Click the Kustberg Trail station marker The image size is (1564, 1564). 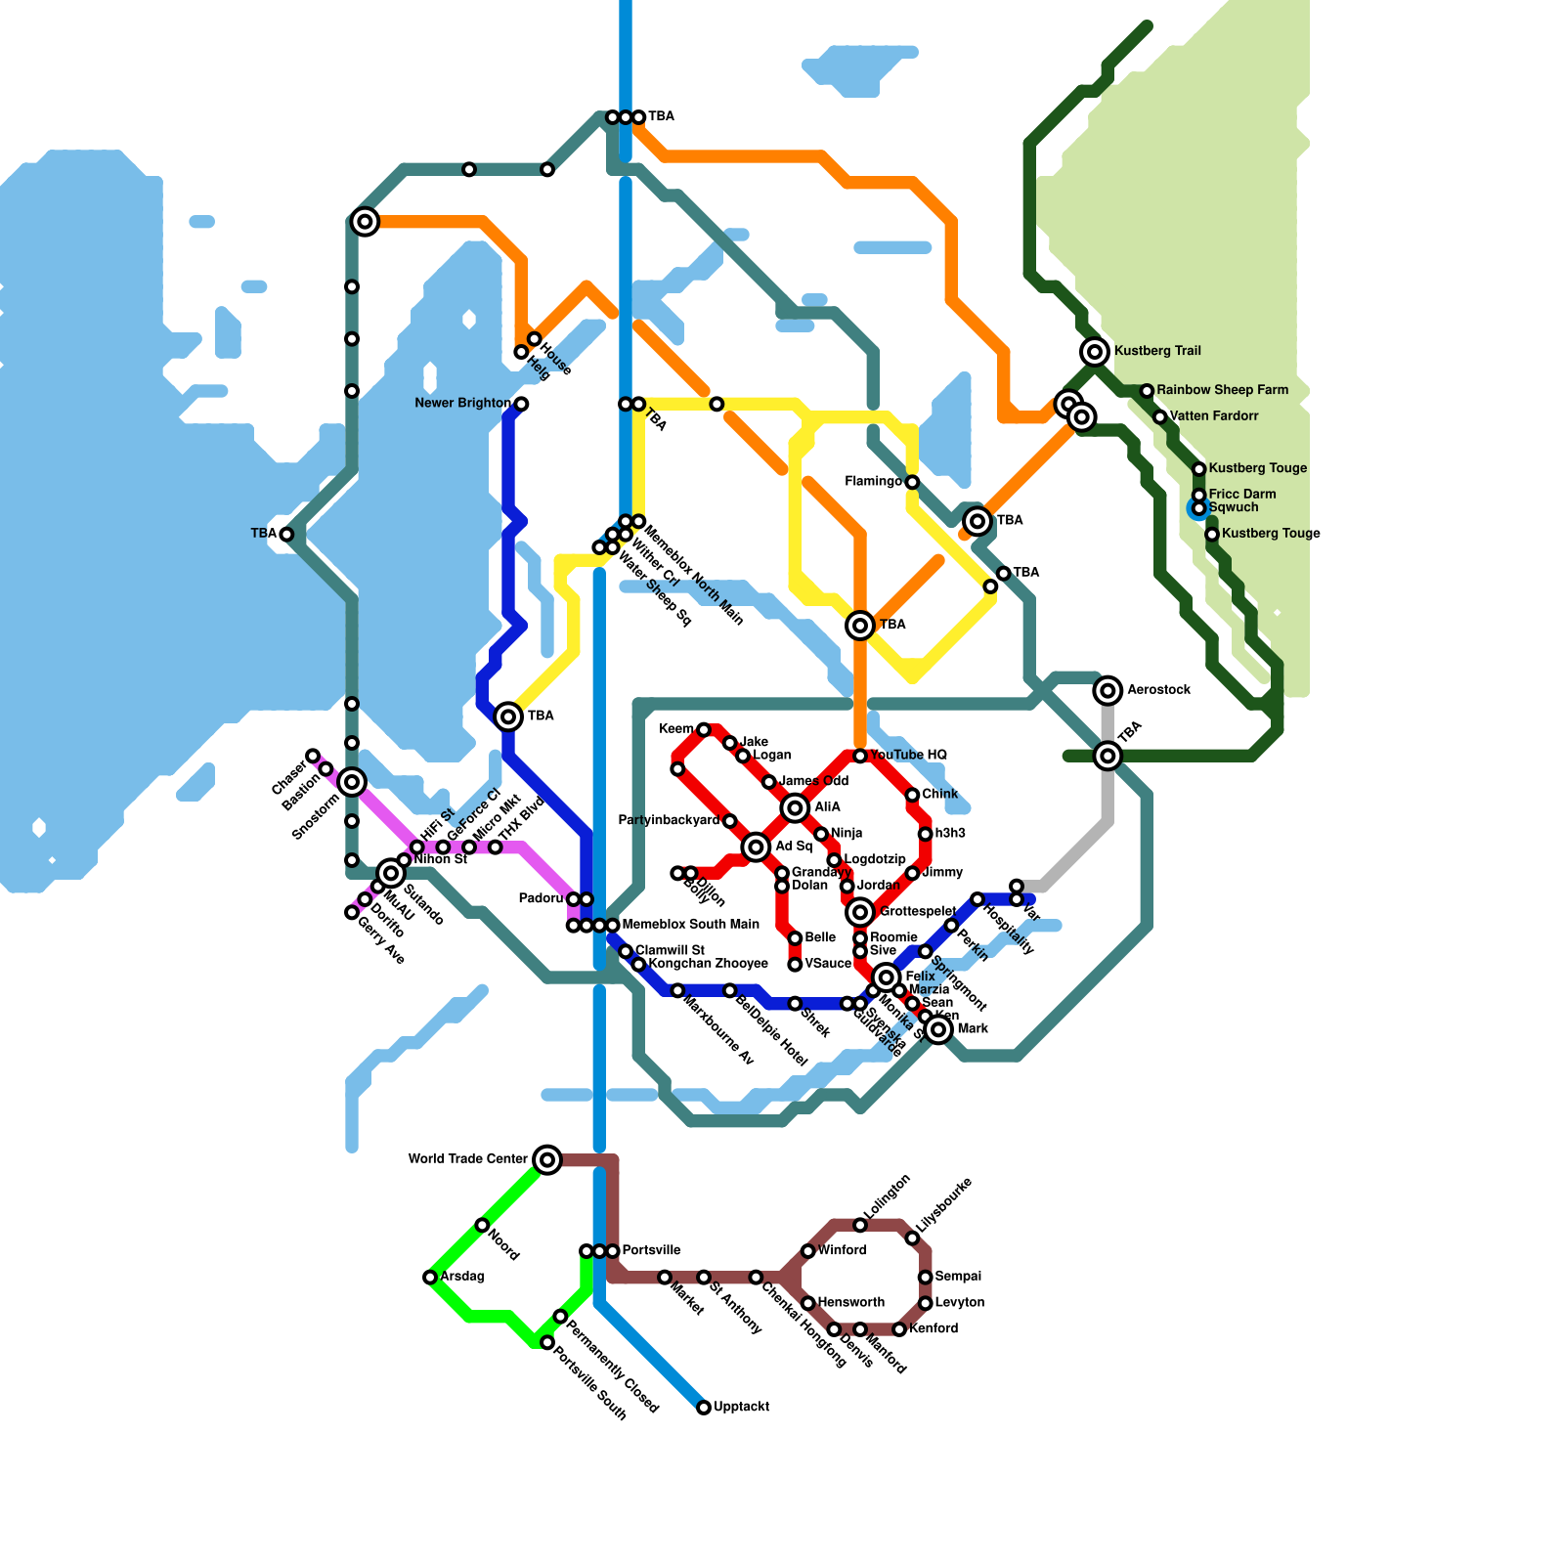click(x=1095, y=352)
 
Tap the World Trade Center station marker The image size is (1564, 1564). click(x=547, y=1159)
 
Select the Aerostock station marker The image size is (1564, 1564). click(x=1108, y=691)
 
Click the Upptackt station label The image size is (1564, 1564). click(x=741, y=1408)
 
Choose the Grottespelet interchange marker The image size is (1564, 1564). click(x=860, y=912)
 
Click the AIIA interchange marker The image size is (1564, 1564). click(x=795, y=807)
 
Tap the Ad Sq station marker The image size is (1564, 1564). click(x=756, y=847)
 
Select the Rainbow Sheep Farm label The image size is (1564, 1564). click(x=1222, y=390)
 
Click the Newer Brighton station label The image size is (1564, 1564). click(x=462, y=404)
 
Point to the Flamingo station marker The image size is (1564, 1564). click(x=912, y=482)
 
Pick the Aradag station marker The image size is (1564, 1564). click(x=430, y=1277)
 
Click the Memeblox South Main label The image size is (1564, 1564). click(x=690, y=925)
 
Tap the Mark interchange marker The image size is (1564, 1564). click(x=938, y=1029)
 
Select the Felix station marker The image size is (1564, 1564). click(x=887, y=977)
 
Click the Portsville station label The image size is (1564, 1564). click(x=651, y=1251)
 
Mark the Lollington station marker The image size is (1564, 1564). click(x=860, y=1225)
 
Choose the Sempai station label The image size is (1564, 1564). click(x=958, y=1277)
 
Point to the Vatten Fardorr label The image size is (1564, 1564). click(x=1214, y=416)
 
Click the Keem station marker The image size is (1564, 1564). click(x=704, y=729)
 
